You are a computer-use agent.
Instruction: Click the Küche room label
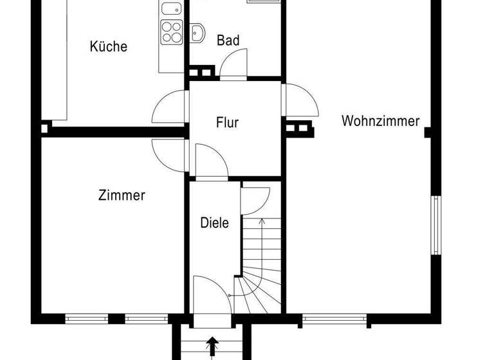point(109,46)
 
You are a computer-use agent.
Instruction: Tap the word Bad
point(228,40)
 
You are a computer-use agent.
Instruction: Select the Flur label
point(228,122)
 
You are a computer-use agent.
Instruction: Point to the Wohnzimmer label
point(381,121)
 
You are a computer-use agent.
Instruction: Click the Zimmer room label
point(122,195)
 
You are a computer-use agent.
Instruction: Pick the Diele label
point(215,223)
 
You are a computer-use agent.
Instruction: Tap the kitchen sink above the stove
point(171,9)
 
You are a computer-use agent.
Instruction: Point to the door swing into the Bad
point(233,64)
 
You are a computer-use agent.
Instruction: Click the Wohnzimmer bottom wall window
point(334,318)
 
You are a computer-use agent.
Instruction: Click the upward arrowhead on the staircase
point(262,221)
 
